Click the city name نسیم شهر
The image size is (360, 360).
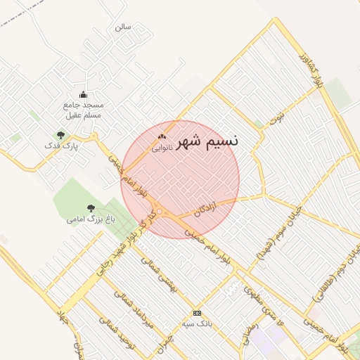tap(208, 140)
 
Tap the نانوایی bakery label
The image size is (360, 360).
tap(162, 148)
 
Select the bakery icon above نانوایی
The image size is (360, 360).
tap(162, 137)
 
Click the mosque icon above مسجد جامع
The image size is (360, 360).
tap(83, 95)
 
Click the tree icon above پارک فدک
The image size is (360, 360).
tap(60, 135)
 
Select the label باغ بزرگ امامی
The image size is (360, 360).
tap(91, 219)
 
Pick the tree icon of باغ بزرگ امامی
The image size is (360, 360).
tap(91, 208)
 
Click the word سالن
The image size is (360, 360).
tap(123, 27)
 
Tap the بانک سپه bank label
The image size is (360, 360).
tap(196, 323)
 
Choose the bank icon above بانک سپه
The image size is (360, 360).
tap(196, 313)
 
